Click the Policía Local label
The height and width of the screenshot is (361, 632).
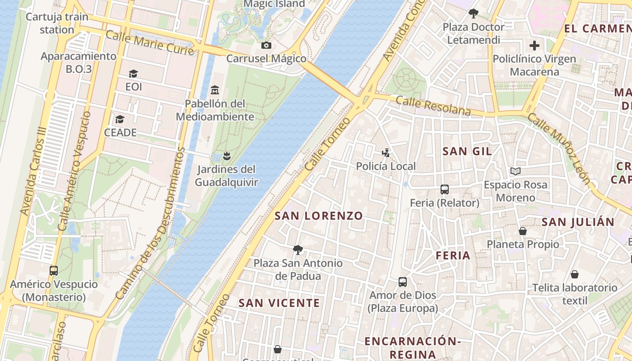(386, 166)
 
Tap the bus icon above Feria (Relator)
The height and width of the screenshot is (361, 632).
(444, 190)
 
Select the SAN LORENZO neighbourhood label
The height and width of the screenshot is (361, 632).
(319, 216)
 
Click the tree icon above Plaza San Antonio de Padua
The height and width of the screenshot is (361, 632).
(297, 250)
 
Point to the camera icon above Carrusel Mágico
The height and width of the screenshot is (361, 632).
(266, 45)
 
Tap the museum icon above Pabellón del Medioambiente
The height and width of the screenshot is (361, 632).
(215, 90)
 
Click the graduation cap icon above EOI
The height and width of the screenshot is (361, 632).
(133, 74)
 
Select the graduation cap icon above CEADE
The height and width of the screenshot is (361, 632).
(120, 119)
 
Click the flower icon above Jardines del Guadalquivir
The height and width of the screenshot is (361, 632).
(227, 156)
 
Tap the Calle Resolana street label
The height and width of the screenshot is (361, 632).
(433, 106)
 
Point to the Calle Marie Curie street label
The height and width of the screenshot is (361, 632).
(150, 42)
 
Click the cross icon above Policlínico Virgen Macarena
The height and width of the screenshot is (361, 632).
(534, 46)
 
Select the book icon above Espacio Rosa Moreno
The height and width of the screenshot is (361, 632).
(515, 171)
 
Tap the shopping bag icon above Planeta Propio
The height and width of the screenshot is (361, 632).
(523, 231)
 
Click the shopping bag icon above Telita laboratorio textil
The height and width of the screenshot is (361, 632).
(575, 274)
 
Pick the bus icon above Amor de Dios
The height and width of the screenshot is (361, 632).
(403, 282)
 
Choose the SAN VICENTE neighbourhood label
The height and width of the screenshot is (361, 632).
(279, 303)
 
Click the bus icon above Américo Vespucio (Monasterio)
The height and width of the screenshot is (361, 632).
(54, 271)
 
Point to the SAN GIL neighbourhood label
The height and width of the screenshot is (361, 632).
(467, 151)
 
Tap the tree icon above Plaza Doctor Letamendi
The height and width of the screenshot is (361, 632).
(473, 14)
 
